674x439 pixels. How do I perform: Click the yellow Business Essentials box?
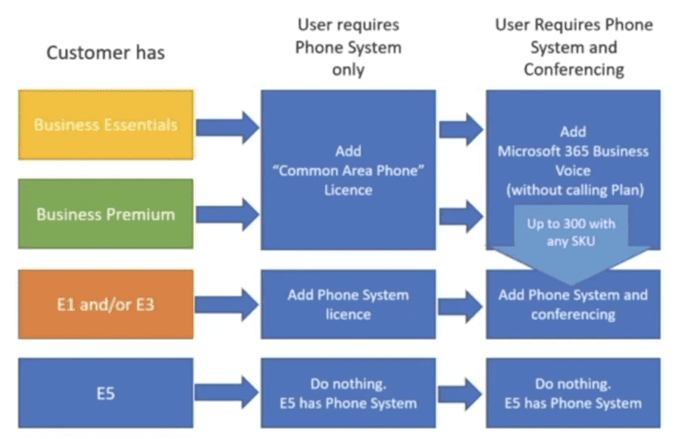[x=105, y=124]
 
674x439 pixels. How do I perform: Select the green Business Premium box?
[x=105, y=214]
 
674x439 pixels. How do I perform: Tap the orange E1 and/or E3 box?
[x=105, y=304]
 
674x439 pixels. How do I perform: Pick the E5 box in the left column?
[x=105, y=393]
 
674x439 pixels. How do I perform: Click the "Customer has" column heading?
[x=105, y=53]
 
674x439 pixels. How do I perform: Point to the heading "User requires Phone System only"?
[x=348, y=47]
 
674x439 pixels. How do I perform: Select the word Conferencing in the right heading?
[x=574, y=69]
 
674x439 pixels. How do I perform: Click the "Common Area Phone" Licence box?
[x=348, y=170]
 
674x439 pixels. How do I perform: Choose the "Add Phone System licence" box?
[x=348, y=304]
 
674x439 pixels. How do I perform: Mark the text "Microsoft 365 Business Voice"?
[x=573, y=161]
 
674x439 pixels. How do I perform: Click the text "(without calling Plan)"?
[x=573, y=191]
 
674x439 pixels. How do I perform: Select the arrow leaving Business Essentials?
[x=227, y=126]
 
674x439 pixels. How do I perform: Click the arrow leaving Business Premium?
[x=227, y=214]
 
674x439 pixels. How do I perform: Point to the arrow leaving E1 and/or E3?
[x=227, y=304]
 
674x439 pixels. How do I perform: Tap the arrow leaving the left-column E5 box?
[x=227, y=393]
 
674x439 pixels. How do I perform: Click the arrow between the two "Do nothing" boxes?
[x=461, y=393]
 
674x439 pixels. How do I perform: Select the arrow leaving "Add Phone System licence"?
[x=461, y=304]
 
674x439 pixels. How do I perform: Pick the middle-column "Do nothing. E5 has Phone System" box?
[x=348, y=393]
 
